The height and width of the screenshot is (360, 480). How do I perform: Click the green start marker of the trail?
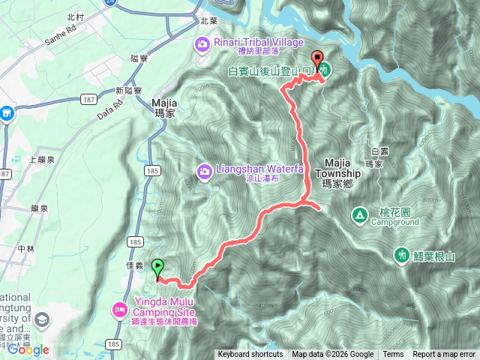[157, 266]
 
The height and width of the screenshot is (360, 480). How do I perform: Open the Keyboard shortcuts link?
[250, 355]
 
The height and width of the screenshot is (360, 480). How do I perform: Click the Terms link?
[393, 355]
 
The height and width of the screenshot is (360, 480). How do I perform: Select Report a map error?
[445, 355]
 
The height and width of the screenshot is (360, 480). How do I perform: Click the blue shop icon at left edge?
[7, 113]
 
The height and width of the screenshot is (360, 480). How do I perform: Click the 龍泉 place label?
[40, 208]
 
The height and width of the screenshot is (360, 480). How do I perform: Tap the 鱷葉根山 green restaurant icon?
[402, 256]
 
